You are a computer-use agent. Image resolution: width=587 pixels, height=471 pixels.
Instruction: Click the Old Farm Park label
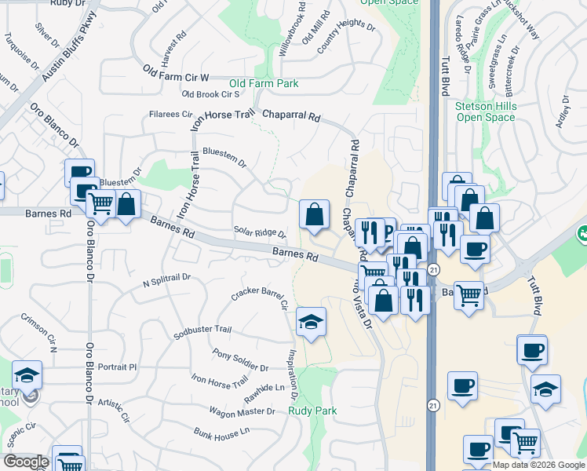[x=264, y=83]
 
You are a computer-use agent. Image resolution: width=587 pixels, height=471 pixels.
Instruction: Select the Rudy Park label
[x=312, y=411]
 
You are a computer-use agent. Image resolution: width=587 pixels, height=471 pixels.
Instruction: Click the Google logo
[x=25, y=462]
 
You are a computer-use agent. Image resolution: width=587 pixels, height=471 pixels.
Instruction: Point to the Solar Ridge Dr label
[x=260, y=233]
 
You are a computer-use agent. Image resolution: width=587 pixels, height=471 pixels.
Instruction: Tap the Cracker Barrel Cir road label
[x=260, y=298]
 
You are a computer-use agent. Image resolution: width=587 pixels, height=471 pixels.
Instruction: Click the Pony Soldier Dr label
[x=240, y=362]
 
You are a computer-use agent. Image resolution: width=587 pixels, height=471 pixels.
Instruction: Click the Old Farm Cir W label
[x=177, y=72]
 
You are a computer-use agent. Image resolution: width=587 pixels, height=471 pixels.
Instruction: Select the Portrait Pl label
[x=118, y=367]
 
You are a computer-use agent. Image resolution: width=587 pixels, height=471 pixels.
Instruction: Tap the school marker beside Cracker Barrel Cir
[x=311, y=322]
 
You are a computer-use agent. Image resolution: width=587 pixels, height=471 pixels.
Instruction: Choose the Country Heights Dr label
[x=346, y=37]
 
